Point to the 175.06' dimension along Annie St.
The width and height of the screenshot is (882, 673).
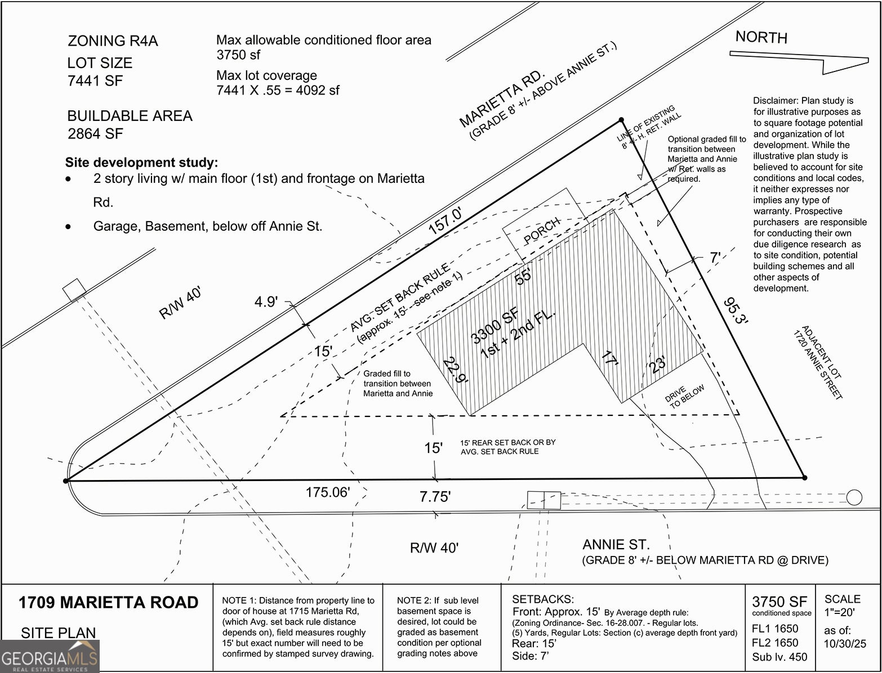point(328,492)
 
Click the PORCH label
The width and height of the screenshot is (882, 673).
point(542,230)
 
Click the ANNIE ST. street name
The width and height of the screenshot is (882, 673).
point(616,545)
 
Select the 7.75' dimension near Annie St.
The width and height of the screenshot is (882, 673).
point(435,497)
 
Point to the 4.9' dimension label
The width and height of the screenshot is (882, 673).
point(266,302)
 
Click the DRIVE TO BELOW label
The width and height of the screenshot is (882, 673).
point(684,396)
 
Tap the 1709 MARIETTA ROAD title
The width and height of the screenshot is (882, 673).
point(108,603)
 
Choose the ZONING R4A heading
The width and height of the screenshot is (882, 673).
point(113,41)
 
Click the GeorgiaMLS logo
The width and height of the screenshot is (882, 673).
point(50,656)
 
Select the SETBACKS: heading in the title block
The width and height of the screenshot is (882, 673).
point(543,599)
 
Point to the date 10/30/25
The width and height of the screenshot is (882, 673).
point(845,644)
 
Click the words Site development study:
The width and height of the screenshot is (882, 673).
point(141,163)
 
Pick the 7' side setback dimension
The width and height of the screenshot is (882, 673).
point(715,258)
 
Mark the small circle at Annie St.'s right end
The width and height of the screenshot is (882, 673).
point(854,497)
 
